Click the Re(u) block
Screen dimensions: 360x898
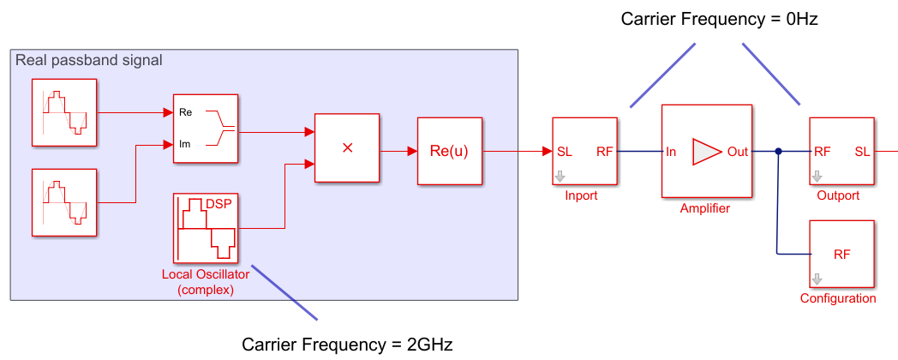click(x=450, y=151)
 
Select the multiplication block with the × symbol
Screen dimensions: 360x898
click(x=347, y=147)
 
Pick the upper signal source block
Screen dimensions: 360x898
click(x=64, y=111)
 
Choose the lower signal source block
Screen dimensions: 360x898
click(x=64, y=202)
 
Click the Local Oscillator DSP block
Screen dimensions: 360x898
click(x=207, y=228)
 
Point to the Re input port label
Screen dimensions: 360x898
click(x=185, y=112)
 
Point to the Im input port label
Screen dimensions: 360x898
click(x=185, y=143)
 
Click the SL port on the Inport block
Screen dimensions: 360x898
click(x=565, y=152)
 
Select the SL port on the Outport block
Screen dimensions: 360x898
click(x=862, y=152)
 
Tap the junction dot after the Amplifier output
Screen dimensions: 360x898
click(x=778, y=152)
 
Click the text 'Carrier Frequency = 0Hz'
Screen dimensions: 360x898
click(x=720, y=18)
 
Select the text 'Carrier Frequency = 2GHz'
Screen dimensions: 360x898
click(x=347, y=345)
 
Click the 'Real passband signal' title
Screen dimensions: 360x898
click(x=89, y=60)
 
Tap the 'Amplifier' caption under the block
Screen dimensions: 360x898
click(x=705, y=208)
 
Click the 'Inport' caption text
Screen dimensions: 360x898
click(x=581, y=195)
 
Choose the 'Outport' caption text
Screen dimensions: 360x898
click(x=839, y=195)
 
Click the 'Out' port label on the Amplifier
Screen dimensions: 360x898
click(x=737, y=152)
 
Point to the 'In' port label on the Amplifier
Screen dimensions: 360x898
click(x=672, y=152)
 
